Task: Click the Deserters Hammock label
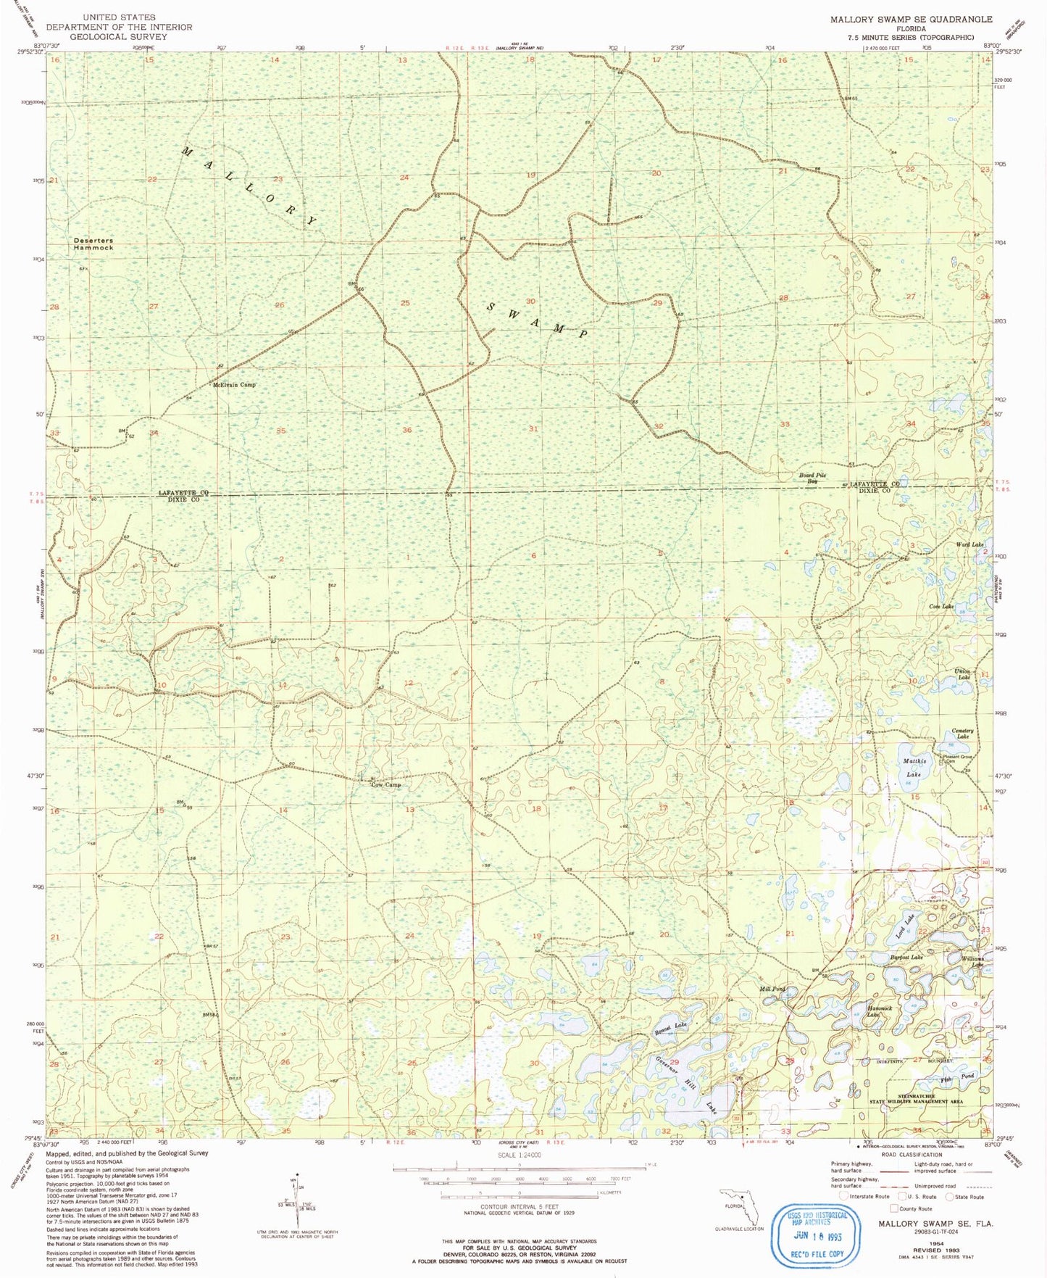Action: tap(93, 244)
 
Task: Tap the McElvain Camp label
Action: tap(234, 385)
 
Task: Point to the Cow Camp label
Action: tap(385, 785)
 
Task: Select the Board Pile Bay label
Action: tap(813, 478)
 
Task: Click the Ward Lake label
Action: tap(969, 544)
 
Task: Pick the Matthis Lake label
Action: tap(914, 768)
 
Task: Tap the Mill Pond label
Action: tap(772, 989)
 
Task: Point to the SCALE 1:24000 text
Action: tap(519, 1155)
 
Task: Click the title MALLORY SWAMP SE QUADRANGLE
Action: tap(911, 20)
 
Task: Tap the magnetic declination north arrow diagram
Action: tap(296, 1202)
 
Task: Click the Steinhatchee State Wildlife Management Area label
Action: tap(916, 1099)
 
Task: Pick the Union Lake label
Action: tap(962, 673)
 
